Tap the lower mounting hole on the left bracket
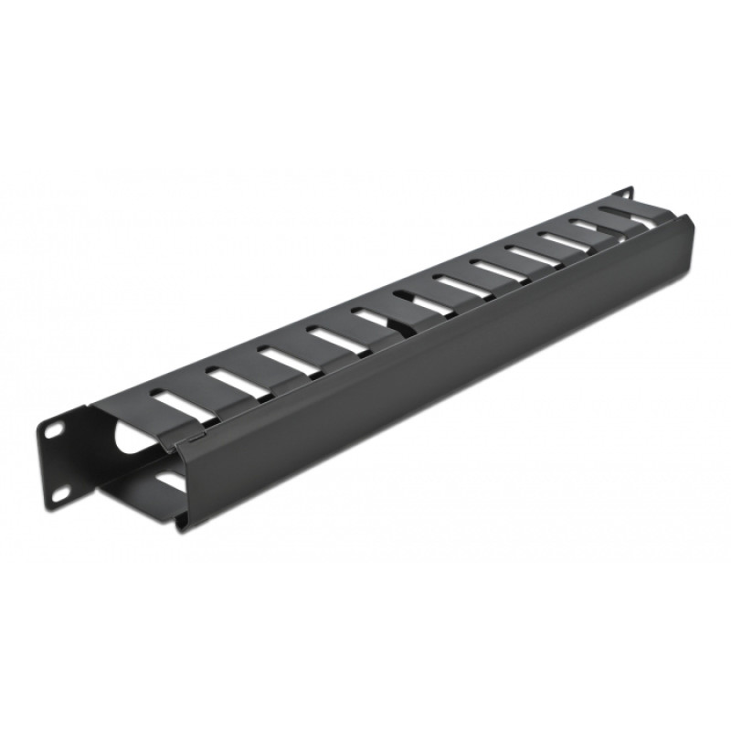point(61,493)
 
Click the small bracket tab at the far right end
point(625,194)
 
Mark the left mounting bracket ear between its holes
point(57,461)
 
